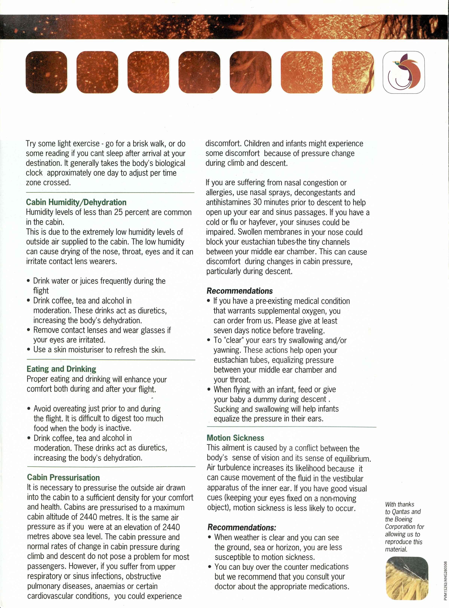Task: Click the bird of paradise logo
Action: pos(404,72)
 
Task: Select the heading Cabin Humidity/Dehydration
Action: pos(76,202)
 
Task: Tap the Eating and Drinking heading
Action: pos(61,369)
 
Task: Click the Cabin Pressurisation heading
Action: pos(63,478)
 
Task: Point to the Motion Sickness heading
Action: pos(235,438)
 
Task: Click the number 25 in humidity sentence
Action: pos(118,212)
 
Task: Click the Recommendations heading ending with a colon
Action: pos(242,528)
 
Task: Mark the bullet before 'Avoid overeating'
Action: pos(29,409)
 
